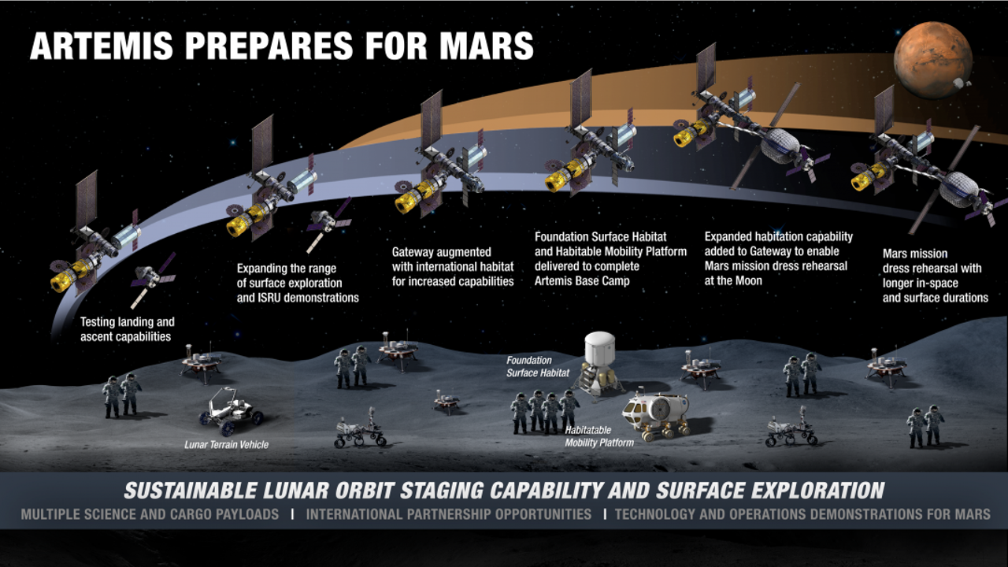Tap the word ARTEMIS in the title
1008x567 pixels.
click(x=102, y=46)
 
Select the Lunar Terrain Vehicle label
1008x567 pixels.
click(x=226, y=445)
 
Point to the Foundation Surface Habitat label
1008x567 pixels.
click(x=538, y=366)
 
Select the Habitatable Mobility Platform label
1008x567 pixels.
click(x=599, y=436)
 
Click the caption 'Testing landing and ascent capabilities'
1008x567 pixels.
click(x=128, y=329)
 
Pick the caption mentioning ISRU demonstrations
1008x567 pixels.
click(x=298, y=283)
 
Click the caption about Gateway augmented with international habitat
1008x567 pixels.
click(x=453, y=266)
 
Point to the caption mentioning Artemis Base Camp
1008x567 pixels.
click(x=610, y=259)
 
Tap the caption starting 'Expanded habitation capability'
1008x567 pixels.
click(x=779, y=259)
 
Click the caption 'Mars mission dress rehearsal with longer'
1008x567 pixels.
click(x=935, y=276)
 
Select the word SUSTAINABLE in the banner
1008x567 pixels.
click(x=191, y=491)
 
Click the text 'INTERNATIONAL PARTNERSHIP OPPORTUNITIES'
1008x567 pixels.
click(x=449, y=514)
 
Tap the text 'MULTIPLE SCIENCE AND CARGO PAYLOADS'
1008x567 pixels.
click(x=150, y=514)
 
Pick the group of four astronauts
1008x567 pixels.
click(x=544, y=411)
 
